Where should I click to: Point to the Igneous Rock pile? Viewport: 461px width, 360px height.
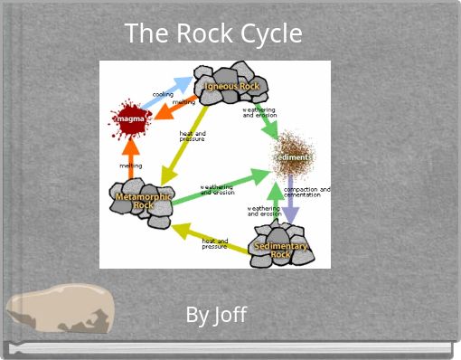(x=231, y=84)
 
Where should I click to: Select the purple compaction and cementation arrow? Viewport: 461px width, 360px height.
(x=290, y=201)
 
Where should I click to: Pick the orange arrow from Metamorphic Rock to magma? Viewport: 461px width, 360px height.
(x=131, y=156)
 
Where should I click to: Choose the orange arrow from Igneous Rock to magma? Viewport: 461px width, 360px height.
(x=172, y=109)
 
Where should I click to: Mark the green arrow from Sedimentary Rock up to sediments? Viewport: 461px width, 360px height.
(x=274, y=201)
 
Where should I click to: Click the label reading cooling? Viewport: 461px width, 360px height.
(x=163, y=93)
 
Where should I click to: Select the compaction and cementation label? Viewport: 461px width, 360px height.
(x=306, y=192)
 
